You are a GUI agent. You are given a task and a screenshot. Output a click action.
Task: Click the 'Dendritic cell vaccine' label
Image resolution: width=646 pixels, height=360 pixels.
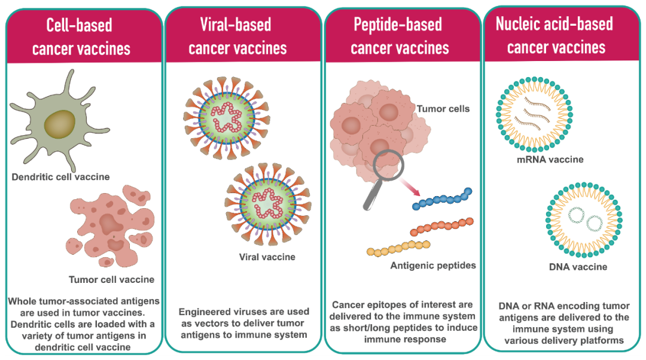pyautogui.click(x=60, y=177)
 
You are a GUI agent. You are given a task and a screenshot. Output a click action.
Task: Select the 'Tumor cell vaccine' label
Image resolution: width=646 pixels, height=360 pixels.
pyautogui.click(x=111, y=279)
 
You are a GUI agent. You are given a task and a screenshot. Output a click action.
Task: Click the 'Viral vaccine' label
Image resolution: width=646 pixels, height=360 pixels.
pyautogui.click(x=267, y=257)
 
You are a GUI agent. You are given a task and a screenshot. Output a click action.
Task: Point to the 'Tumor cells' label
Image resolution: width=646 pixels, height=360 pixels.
pyautogui.click(x=443, y=109)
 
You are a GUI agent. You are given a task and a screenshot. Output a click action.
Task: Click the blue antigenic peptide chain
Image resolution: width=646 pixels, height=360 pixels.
pyautogui.click(x=443, y=199)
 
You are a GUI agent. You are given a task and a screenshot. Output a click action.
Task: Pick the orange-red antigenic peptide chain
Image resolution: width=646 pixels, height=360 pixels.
pyautogui.click(x=441, y=226)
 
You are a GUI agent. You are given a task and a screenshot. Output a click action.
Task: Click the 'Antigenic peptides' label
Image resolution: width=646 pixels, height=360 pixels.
pyautogui.click(x=433, y=265)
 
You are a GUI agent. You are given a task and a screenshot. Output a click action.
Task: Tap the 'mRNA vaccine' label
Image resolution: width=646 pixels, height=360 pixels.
pyautogui.click(x=550, y=160)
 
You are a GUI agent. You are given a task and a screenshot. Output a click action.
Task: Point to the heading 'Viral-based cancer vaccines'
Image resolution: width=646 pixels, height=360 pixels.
pyautogui.click(x=237, y=36)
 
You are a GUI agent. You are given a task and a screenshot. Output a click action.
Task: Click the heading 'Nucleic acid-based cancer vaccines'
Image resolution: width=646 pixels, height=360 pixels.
pyautogui.click(x=556, y=35)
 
